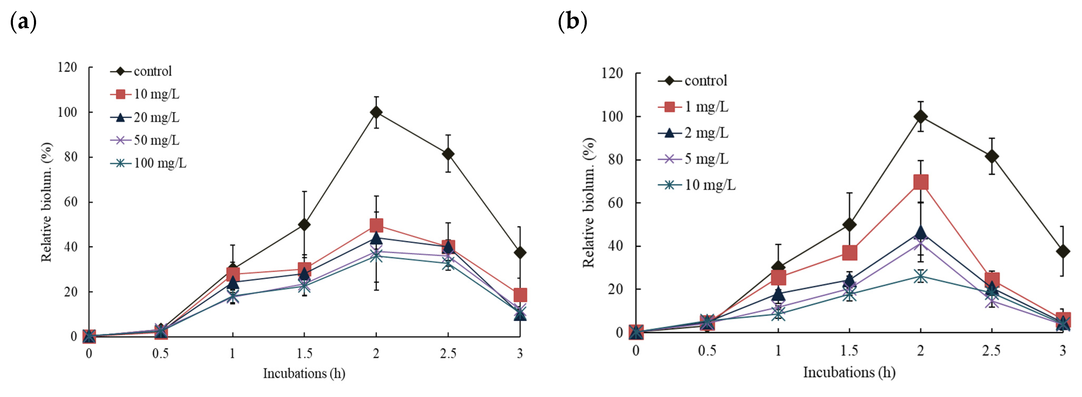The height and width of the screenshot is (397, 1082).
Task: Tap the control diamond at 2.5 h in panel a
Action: pyautogui.click(x=448, y=154)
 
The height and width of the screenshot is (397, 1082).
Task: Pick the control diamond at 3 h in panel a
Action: pyautogui.click(x=520, y=253)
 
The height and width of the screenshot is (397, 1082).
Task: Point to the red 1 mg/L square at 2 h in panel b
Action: pyautogui.click(x=921, y=182)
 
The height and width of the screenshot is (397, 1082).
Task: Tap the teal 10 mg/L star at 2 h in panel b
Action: pyautogui.click(x=921, y=276)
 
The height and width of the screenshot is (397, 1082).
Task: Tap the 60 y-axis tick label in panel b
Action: pyautogui.click(x=615, y=203)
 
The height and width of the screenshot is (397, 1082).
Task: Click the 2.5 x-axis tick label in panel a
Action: pyautogui.click(x=448, y=353)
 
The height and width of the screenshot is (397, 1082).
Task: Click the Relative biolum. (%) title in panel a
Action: pyautogui.click(x=46, y=202)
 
